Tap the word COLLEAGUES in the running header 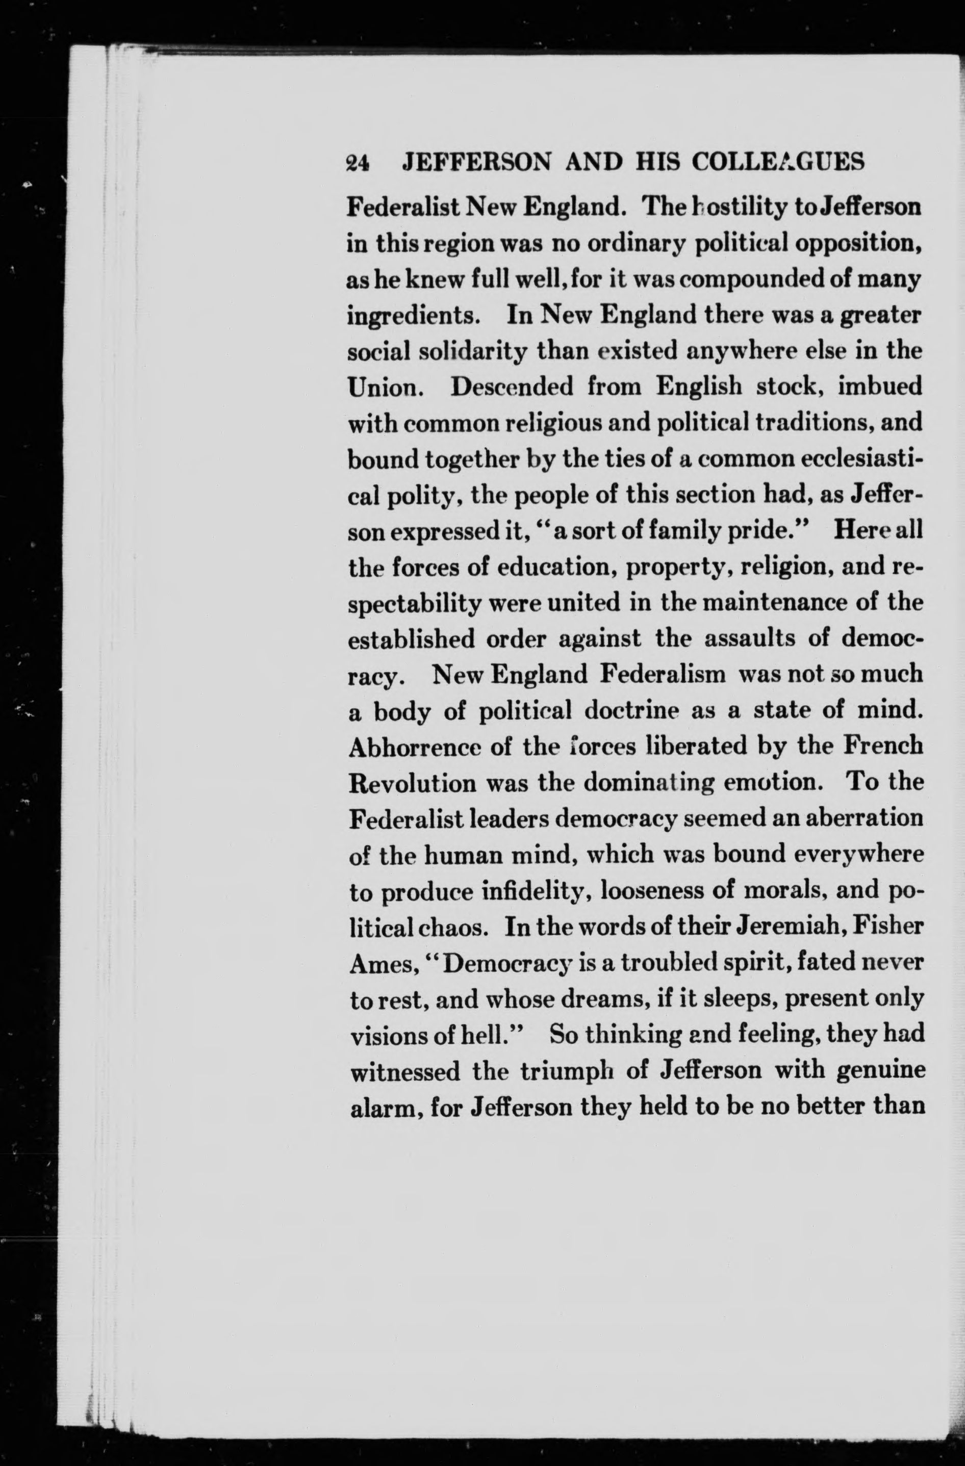(778, 162)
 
